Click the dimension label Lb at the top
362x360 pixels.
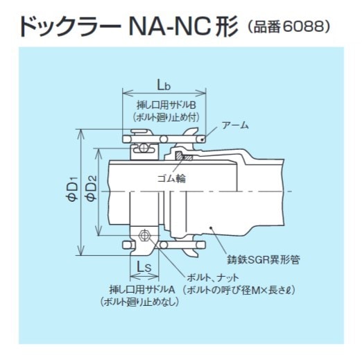pyautogui.click(x=164, y=85)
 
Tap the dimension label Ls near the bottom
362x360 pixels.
pyautogui.click(x=144, y=268)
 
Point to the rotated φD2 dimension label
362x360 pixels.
pyautogui.click(x=92, y=187)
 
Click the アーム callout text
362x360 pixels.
pyautogui.click(x=235, y=126)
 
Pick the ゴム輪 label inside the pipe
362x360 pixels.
pyautogui.click(x=172, y=178)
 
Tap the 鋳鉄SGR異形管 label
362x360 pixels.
pyautogui.click(x=264, y=260)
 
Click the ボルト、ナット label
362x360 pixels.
pyautogui.click(x=212, y=277)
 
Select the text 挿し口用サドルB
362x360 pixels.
pyautogui.click(x=166, y=105)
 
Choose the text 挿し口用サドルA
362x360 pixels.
pyautogui.click(x=142, y=290)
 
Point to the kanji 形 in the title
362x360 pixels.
pyautogui.click(x=226, y=26)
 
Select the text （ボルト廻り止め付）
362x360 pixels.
pyautogui.click(x=166, y=118)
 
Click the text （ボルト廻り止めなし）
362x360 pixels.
pyautogui.click(x=140, y=302)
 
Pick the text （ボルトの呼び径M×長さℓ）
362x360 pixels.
pyautogui.click(x=239, y=290)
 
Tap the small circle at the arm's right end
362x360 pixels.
pyautogui.click(x=202, y=139)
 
